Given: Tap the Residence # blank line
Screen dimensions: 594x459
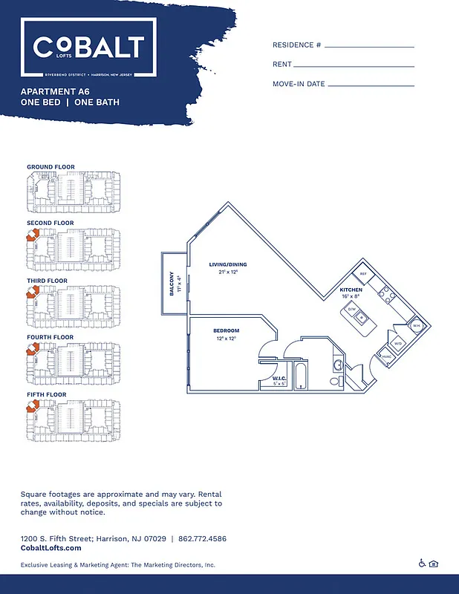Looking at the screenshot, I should click(368, 46).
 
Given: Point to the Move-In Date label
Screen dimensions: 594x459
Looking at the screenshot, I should click(299, 84).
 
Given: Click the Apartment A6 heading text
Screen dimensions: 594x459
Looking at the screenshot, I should click(60, 91).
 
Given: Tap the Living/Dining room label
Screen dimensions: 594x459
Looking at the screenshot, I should click(227, 264).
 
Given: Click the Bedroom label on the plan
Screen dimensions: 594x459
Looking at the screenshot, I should click(226, 330).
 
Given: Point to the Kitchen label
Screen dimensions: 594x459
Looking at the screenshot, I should click(351, 290).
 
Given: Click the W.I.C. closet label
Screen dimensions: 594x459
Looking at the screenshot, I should click(269, 379).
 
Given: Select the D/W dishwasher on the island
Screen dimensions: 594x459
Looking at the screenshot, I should click(352, 309).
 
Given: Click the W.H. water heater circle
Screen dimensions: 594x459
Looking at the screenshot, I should click(417, 325).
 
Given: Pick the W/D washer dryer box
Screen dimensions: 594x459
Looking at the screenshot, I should click(398, 344).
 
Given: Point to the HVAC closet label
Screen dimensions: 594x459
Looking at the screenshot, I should click(386, 356).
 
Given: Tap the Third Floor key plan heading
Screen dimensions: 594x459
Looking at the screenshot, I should click(47, 281).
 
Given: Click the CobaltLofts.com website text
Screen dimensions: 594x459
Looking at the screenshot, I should click(51, 548).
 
